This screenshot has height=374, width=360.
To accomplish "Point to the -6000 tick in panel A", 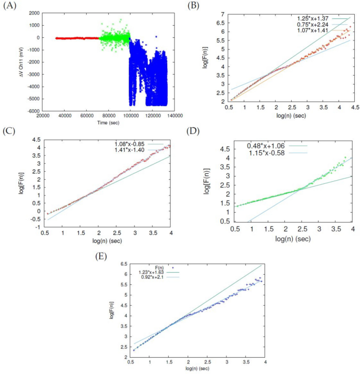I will tap(33, 111).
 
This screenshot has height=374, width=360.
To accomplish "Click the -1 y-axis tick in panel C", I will tap(37, 227).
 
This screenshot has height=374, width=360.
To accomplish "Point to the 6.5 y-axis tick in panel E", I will tap(124, 263).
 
